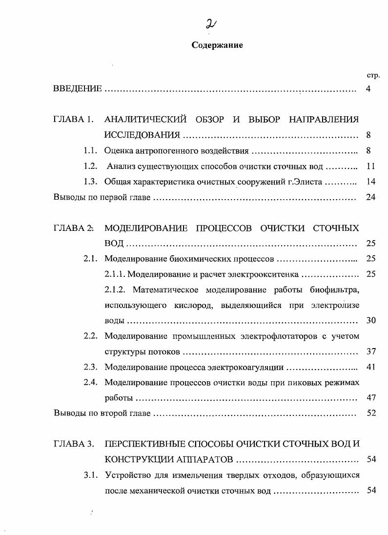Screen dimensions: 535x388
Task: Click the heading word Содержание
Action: (217, 45)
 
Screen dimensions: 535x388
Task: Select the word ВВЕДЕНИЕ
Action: (78, 89)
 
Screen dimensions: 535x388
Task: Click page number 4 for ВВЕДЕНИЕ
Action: (368, 89)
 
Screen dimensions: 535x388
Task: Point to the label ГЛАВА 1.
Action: (73, 120)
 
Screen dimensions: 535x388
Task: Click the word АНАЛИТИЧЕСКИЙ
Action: (146, 120)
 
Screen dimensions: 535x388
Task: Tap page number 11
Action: (370, 167)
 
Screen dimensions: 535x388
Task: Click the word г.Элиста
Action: (304, 182)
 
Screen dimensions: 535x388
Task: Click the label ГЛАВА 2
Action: (73, 228)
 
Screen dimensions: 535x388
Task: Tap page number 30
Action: (370, 321)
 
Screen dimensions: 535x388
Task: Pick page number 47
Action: (370, 398)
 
